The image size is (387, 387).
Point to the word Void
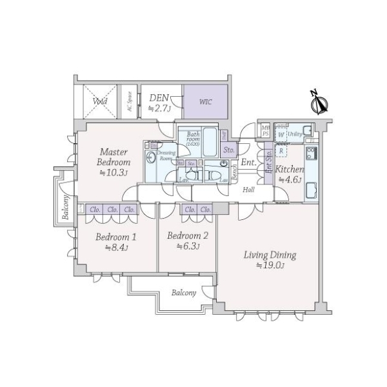(x=99, y=101)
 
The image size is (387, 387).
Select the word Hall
(x=248, y=189)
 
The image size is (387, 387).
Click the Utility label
(x=295, y=134)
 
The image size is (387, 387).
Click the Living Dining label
(x=270, y=255)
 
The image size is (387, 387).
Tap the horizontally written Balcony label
(x=184, y=293)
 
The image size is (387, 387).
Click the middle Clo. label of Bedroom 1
(x=112, y=209)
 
